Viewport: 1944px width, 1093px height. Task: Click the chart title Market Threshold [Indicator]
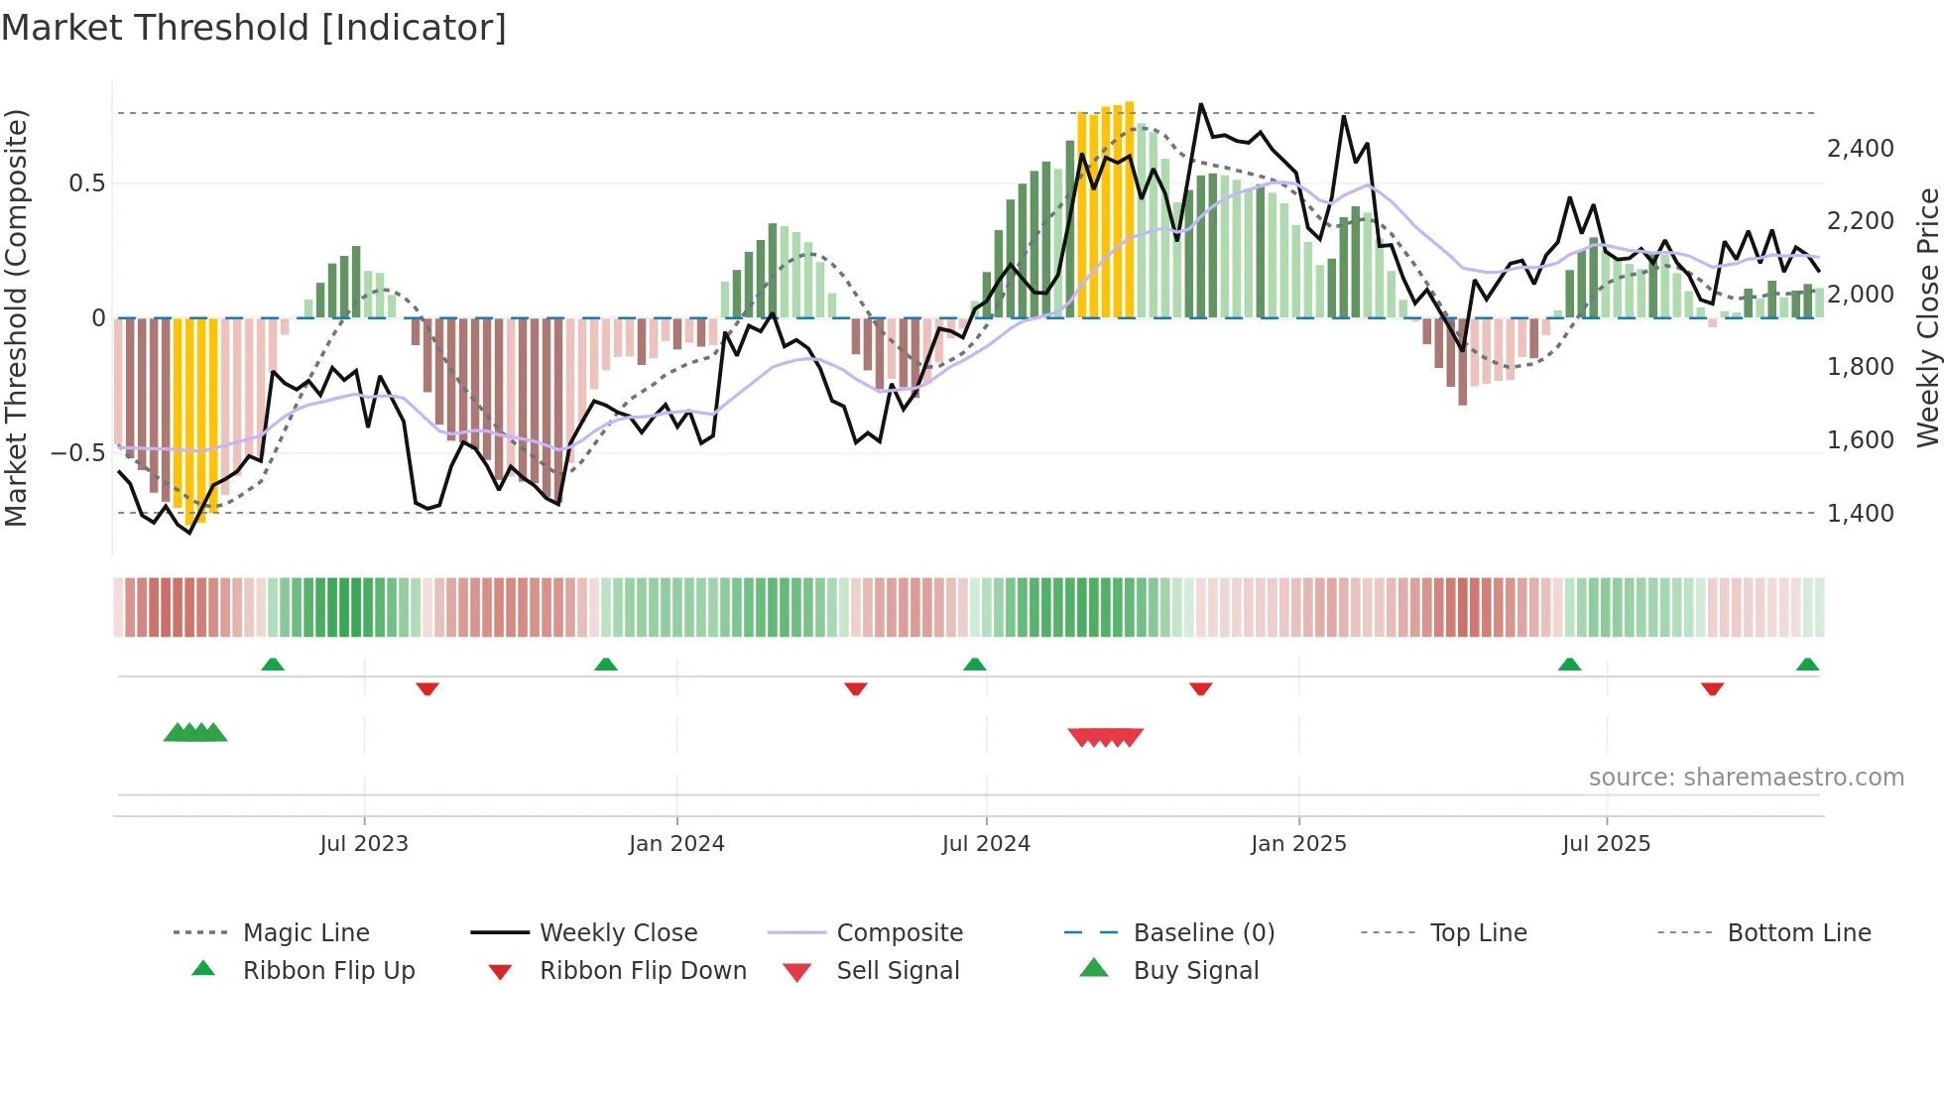click(254, 28)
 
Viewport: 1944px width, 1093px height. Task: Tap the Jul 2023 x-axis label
click(364, 844)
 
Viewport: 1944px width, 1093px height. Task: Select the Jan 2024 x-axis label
click(676, 844)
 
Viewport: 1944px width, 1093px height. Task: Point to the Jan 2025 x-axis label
click(1298, 844)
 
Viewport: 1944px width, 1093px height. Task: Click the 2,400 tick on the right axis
click(1860, 149)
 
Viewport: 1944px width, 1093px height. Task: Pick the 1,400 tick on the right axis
click(1860, 514)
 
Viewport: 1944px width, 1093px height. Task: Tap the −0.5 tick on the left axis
click(78, 453)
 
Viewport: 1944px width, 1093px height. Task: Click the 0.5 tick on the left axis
click(87, 183)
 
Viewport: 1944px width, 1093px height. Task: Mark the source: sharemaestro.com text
click(1746, 778)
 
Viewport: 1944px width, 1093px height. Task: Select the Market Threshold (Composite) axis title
click(16, 317)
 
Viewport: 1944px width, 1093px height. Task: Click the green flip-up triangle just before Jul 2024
click(974, 665)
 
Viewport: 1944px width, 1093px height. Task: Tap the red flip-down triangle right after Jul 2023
click(427, 688)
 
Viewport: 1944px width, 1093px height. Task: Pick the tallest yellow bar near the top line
click(1130, 208)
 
